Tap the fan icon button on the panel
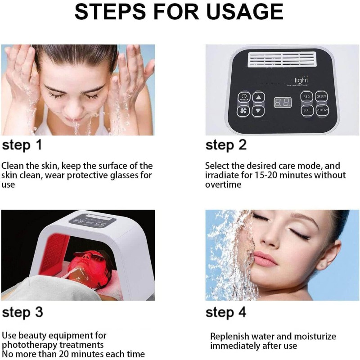(x=244, y=110)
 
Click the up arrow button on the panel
(x=258, y=97)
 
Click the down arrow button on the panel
(x=258, y=111)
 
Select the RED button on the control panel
(x=307, y=96)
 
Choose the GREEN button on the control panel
(x=321, y=96)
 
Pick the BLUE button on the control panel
(x=307, y=110)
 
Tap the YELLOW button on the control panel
(x=322, y=110)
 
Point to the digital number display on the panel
(x=282, y=103)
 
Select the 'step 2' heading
(x=226, y=145)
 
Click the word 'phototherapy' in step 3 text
(x=30, y=345)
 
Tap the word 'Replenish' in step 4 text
(x=230, y=337)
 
